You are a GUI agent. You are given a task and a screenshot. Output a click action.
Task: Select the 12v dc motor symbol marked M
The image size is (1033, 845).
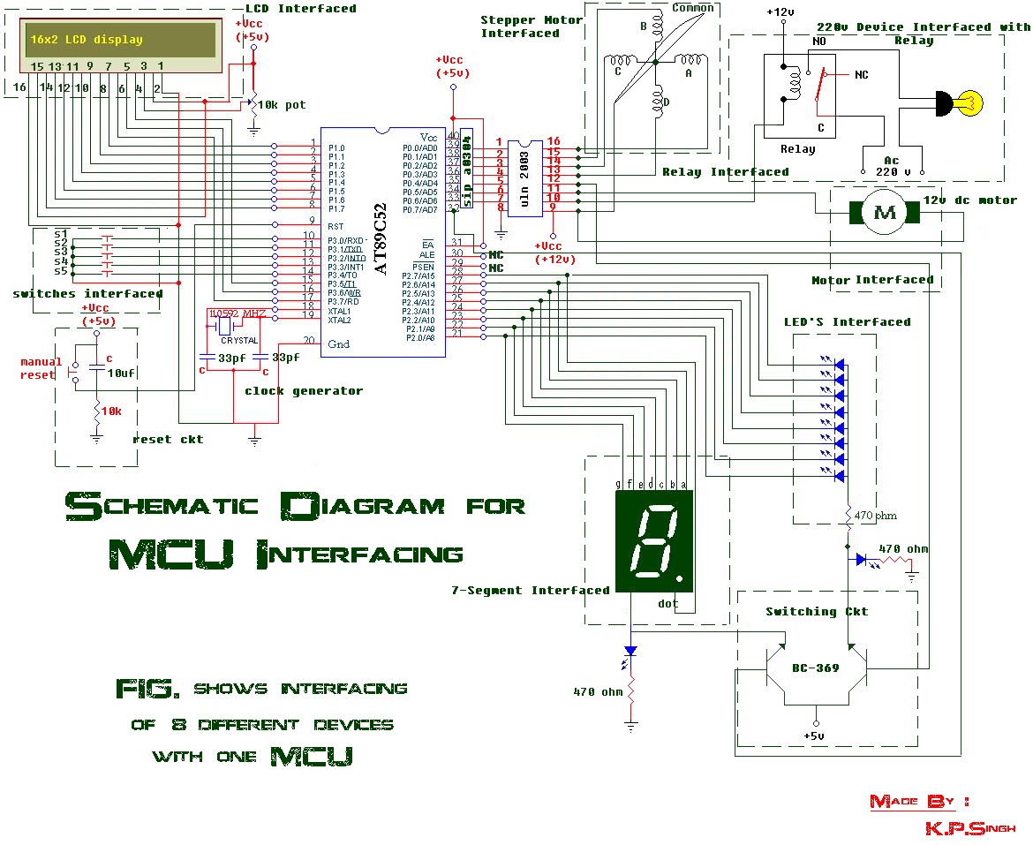click(x=885, y=213)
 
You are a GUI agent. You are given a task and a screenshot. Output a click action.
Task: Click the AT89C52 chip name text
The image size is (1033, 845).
click(x=381, y=238)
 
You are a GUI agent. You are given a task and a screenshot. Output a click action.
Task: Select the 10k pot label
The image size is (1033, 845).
click(x=281, y=105)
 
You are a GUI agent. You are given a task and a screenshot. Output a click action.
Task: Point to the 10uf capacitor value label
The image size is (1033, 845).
click(x=120, y=373)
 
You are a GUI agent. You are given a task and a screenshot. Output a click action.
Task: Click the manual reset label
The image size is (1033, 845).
click(x=41, y=368)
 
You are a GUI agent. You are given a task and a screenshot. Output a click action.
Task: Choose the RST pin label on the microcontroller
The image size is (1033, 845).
click(x=335, y=227)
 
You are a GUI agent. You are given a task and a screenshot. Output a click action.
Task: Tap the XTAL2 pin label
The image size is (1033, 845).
click(x=339, y=321)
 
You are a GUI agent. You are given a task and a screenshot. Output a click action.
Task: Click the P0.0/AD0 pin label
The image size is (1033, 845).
click(x=419, y=148)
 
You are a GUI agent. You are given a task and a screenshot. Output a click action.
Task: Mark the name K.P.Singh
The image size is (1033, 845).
click(x=969, y=828)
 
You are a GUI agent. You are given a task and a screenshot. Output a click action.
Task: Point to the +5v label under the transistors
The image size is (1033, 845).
click(x=814, y=736)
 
